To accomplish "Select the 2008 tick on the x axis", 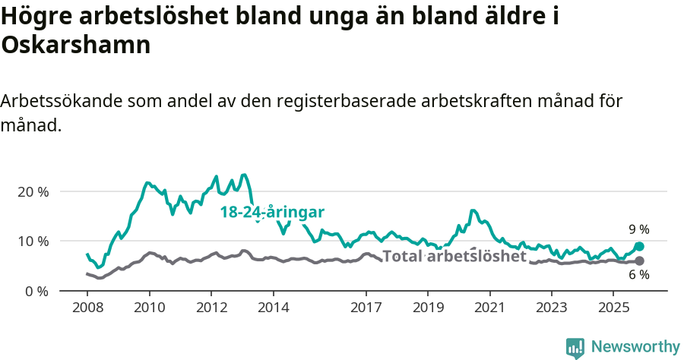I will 87,307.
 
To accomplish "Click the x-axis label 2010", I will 149,307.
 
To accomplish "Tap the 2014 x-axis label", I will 273,307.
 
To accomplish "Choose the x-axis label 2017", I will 366,307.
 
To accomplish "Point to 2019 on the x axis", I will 427,307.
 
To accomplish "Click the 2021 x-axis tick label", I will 489,307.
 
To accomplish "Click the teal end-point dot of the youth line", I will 639,246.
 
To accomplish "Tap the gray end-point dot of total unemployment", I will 639,261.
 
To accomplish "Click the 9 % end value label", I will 638,229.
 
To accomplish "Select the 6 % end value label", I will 638,275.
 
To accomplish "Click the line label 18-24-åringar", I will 273,212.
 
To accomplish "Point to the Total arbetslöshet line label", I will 454,256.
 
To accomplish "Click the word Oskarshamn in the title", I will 76,45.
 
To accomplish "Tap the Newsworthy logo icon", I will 575,347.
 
